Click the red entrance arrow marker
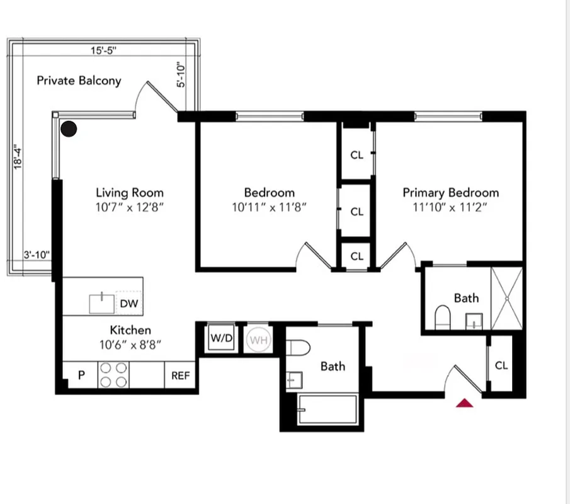[x=465, y=403]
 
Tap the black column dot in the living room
[x=69, y=129]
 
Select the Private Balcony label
[x=79, y=81]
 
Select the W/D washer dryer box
[x=221, y=338]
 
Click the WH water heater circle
[x=257, y=340]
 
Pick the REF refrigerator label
[x=180, y=376]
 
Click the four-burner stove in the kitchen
[x=113, y=375]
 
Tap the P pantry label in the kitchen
[x=81, y=375]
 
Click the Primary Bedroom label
[x=450, y=193]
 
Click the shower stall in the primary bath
[x=506, y=298]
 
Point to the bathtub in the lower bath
[x=327, y=411]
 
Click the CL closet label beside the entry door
[x=501, y=365]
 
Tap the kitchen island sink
[x=101, y=303]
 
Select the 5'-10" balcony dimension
[x=181, y=75]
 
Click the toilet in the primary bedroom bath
[x=442, y=316]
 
